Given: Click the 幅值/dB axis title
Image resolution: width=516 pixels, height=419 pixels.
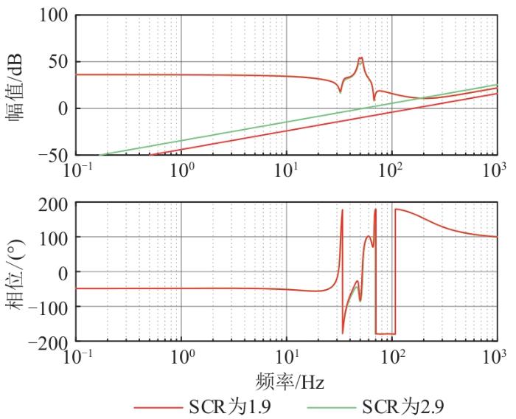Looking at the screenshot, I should [x=15, y=84].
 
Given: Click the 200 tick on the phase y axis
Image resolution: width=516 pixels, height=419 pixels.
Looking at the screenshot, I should [x=52, y=203].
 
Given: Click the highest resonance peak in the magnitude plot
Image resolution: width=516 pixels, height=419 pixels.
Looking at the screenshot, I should [x=360, y=58].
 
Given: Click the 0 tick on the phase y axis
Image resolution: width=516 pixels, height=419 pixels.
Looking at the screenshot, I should [x=62, y=272].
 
